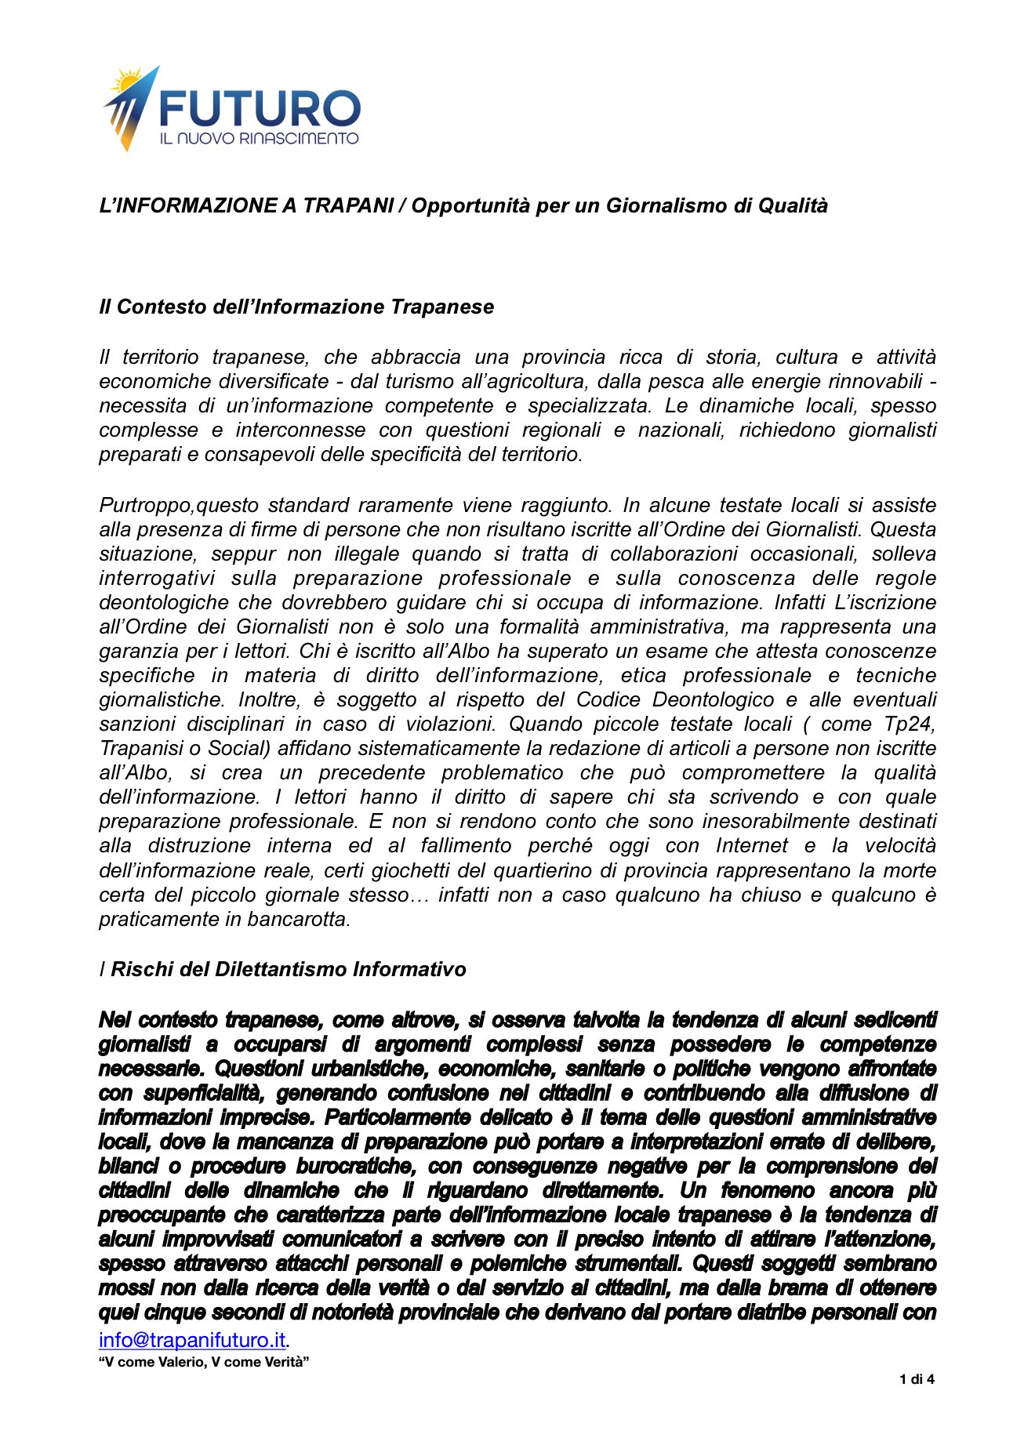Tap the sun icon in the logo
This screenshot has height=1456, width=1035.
pos(125,82)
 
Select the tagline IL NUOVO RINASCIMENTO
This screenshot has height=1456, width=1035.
pos(259,139)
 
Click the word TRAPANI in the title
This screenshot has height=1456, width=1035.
pos(348,205)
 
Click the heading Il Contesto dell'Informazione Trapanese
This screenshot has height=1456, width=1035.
pos(296,307)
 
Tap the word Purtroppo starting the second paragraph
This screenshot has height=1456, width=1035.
pos(145,505)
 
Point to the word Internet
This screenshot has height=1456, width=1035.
pos(751,845)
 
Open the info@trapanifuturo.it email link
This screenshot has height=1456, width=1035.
pos(192,1339)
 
